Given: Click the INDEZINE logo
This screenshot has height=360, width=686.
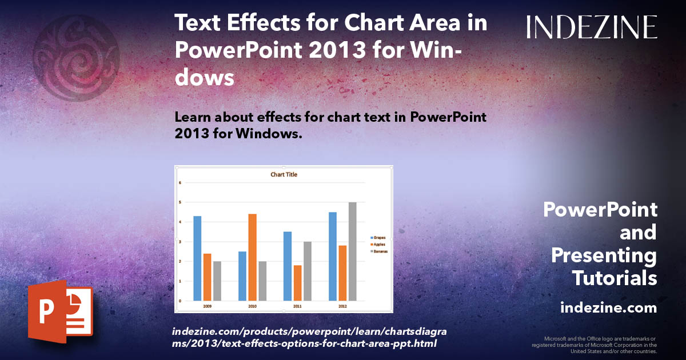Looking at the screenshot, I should tap(592, 27).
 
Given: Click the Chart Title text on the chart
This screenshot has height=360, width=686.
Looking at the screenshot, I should tap(284, 174).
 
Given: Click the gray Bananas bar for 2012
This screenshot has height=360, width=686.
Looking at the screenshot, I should tap(352, 251).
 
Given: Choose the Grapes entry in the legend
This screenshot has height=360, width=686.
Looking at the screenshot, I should tap(378, 237).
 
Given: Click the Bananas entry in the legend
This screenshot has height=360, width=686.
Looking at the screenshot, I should tap(380, 251).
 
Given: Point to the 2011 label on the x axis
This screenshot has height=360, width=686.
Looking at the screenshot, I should tap(297, 306).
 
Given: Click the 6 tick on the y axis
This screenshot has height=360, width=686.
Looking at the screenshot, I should tap(180, 183).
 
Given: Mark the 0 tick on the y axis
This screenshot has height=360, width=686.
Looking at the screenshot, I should tap(180, 301).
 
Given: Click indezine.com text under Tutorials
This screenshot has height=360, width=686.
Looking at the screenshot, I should tap(608, 308).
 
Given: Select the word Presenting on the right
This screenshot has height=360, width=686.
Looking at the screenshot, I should tap(604, 255).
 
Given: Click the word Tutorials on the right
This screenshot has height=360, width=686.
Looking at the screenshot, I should tap(614, 278).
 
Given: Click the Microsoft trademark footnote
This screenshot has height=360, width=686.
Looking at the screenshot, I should tap(594, 345).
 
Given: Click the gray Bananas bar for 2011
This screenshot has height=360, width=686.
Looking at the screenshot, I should tap(307, 271).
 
